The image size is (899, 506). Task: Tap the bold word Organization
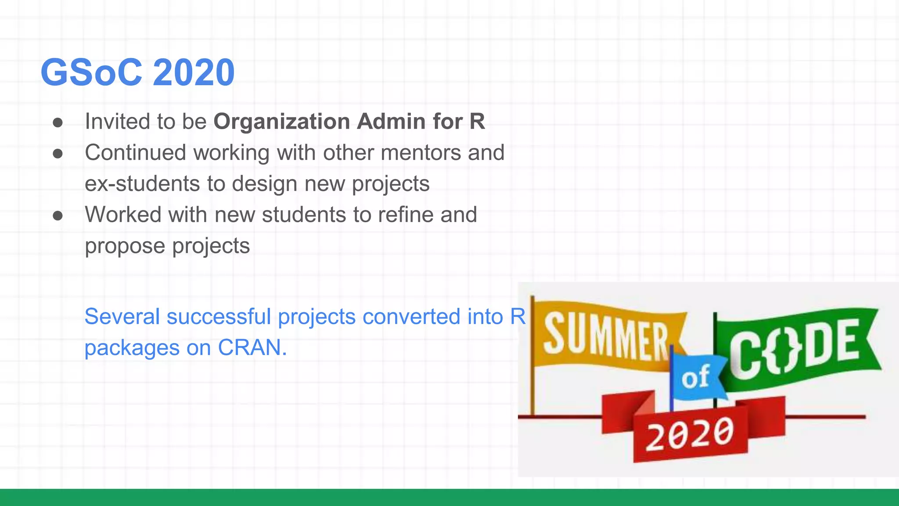pos(281,122)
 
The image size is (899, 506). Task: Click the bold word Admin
pos(391,121)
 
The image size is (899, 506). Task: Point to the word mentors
pos(421,153)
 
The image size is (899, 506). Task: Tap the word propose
pos(125,246)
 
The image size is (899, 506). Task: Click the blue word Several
pos(122,317)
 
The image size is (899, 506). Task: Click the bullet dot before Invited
pos(58,123)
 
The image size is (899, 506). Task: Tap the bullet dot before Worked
pos(58,216)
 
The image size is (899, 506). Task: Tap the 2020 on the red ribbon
pos(690,434)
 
